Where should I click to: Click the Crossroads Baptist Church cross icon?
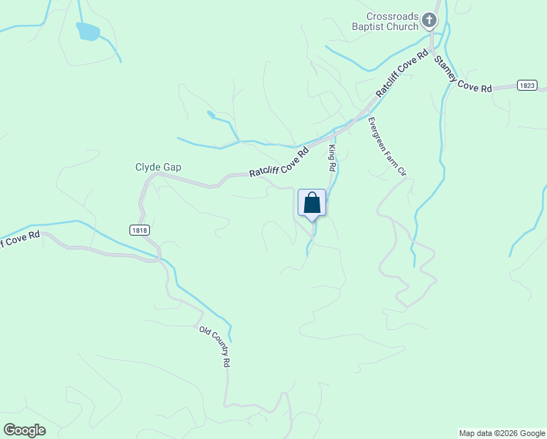point(431,20)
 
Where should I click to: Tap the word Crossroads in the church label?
point(392,15)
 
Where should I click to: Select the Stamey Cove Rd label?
point(463,74)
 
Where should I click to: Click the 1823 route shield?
point(526,86)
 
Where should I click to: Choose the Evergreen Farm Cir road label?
point(387,146)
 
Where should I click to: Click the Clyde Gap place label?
point(158,168)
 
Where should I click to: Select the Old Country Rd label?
point(216,346)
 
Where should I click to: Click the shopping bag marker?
point(312,203)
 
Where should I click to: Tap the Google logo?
point(24,430)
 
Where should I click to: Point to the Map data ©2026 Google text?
point(502,433)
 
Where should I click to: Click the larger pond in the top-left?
point(87,31)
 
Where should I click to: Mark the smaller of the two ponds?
point(211,114)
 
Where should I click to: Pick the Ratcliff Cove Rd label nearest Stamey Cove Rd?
point(401,74)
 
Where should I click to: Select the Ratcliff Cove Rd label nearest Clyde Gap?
point(279,162)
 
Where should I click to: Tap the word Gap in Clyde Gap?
point(172,168)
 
